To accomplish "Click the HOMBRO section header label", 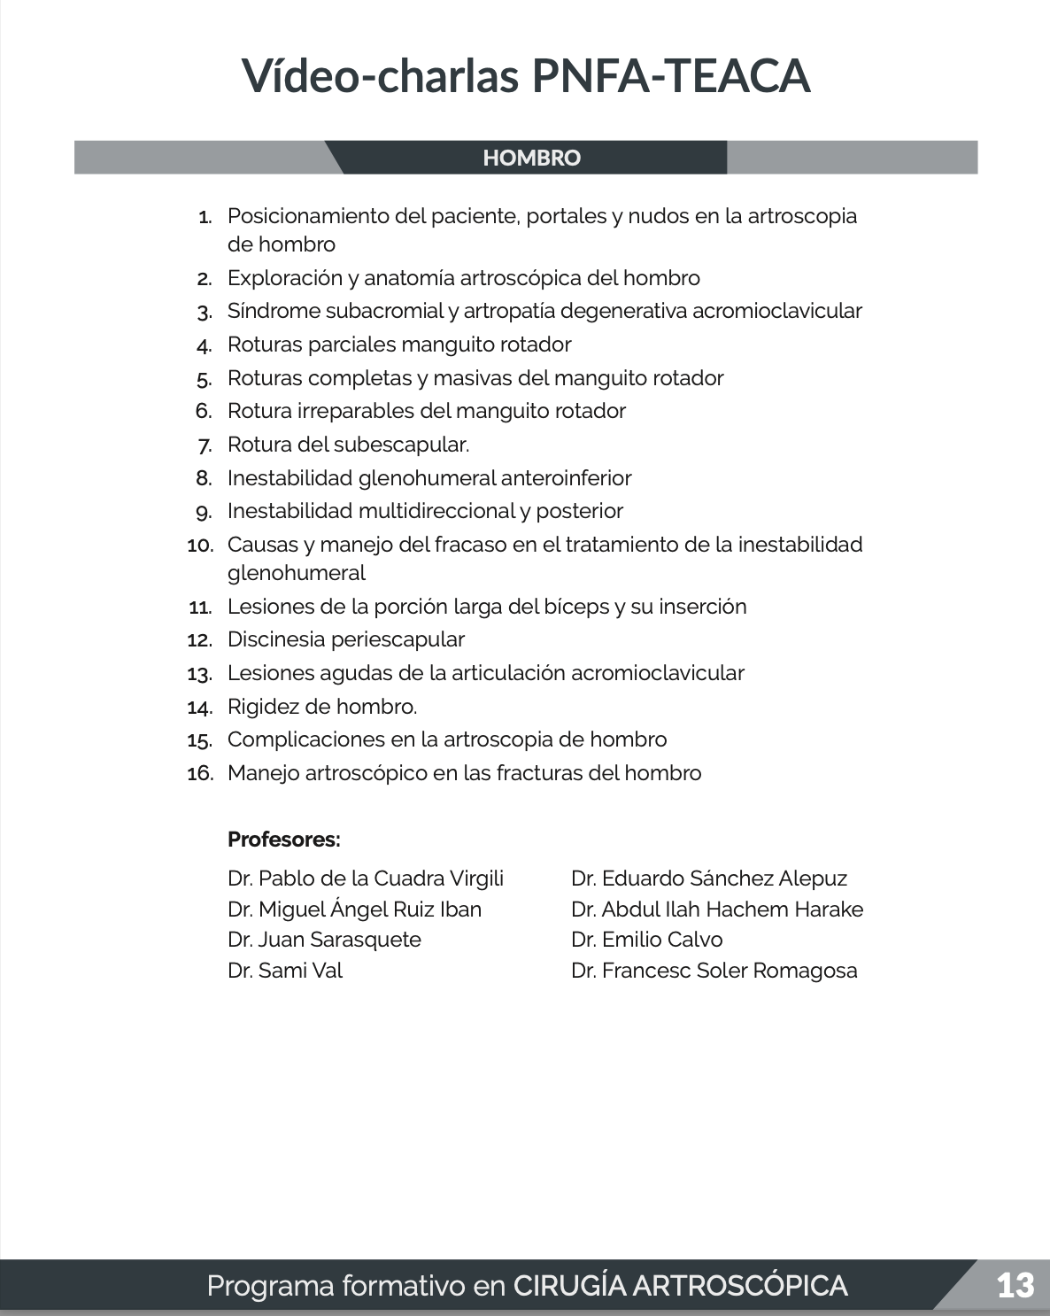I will tap(531, 159).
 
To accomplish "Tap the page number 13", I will tap(1015, 1285).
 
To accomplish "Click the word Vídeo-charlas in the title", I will tap(380, 76).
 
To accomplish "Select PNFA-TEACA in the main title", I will tap(670, 76).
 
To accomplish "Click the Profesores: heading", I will tap(283, 839).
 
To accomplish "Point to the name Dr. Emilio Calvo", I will tap(646, 940).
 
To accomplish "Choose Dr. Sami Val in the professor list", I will tap(284, 971).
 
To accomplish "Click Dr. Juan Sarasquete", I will tap(324, 940).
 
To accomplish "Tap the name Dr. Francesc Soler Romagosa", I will tap(714, 971).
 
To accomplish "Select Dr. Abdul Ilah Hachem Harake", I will tap(716, 910).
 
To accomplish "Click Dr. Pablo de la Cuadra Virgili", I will tap(365, 879).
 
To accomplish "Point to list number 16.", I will tap(201, 773).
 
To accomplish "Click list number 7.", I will tap(205, 445).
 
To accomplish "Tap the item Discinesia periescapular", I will tap(345, 639).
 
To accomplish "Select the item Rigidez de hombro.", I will tap(321, 707).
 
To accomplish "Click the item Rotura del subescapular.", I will tap(348, 445).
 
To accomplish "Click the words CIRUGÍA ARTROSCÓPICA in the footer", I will tap(680, 1285).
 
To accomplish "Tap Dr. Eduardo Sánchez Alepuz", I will tap(708, 879).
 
